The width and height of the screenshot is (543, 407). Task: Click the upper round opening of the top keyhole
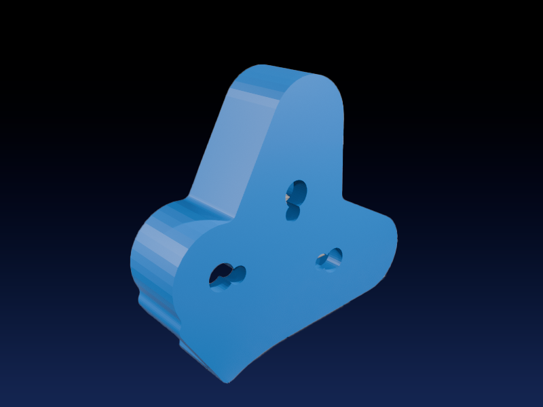click(297, 190)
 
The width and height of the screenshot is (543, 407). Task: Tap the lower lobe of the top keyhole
click(293, 214)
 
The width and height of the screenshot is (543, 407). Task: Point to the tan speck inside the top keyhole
click(288, 197)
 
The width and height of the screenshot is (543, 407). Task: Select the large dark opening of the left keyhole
click(220, 277)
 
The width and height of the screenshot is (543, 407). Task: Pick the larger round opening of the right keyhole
click(333, 257)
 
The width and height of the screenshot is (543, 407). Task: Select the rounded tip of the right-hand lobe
click(394, 234)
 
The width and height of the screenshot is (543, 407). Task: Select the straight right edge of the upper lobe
click(342, 149)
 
